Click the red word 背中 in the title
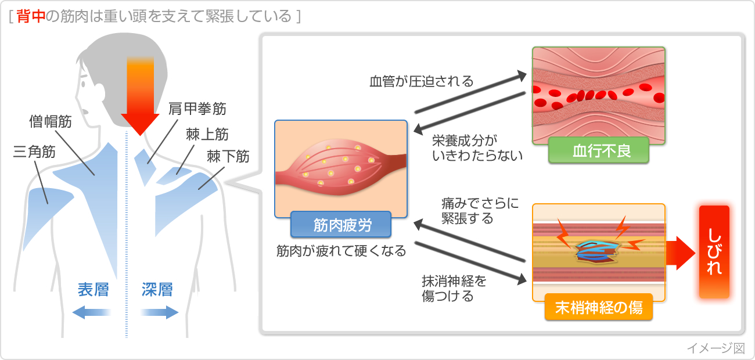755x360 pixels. point(31,16)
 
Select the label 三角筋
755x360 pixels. point(34,152)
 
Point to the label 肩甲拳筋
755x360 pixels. point(197,109)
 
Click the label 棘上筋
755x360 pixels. point(207,134)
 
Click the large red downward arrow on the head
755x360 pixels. point(140,96)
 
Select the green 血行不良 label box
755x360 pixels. point(598,152)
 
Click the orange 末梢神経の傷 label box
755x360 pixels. point(598,308)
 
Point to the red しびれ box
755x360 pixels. point(714,252)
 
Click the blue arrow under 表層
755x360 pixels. point(92,313)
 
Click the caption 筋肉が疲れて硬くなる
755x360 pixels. point(341,251)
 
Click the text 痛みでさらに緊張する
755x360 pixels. point(480,211)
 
